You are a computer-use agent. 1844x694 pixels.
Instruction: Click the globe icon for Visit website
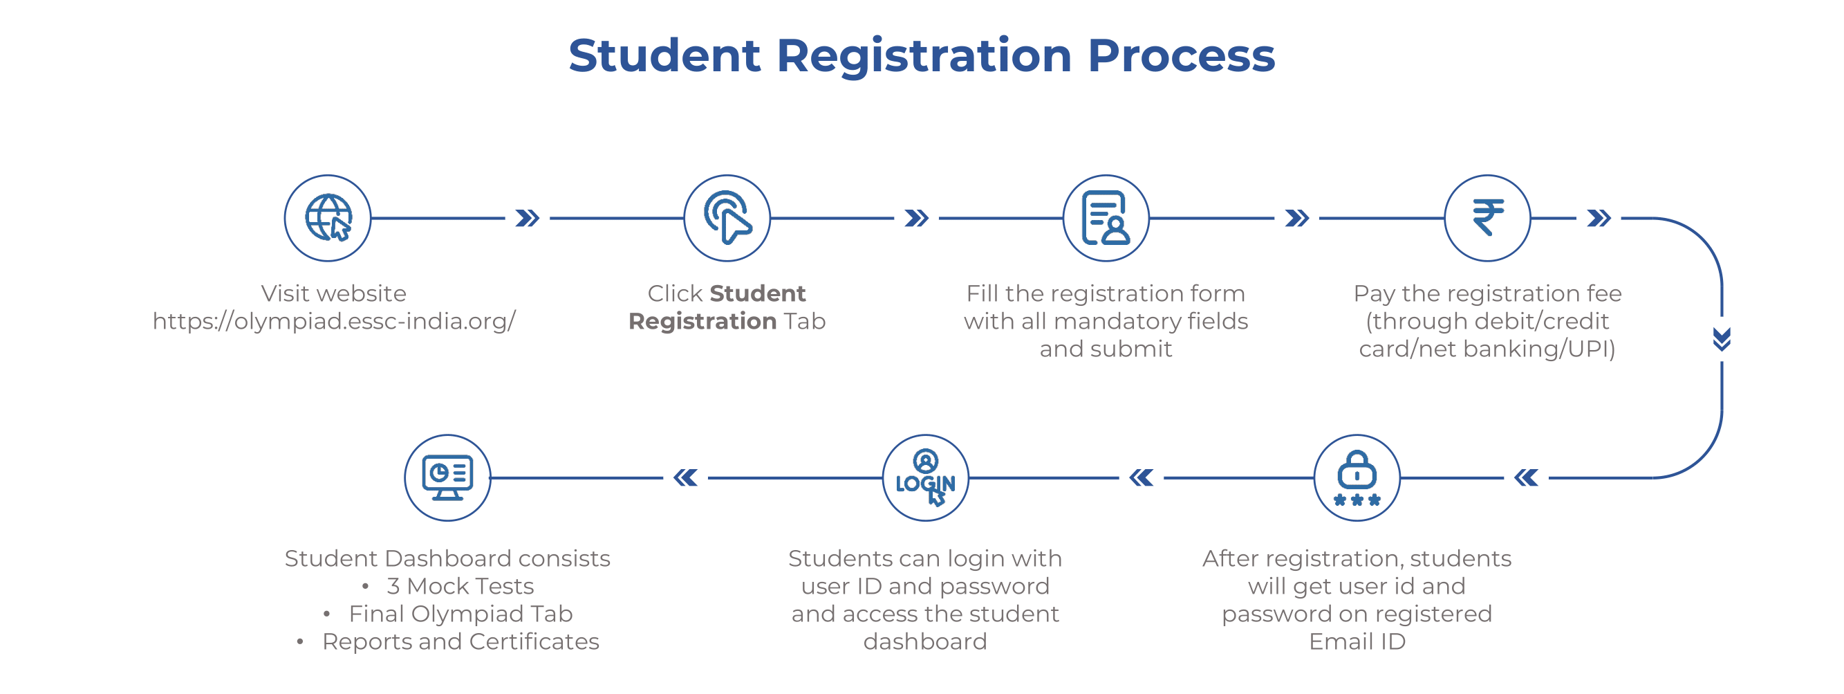[x=328, y=218]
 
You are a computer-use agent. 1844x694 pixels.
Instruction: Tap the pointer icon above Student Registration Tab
[x=727, y=218]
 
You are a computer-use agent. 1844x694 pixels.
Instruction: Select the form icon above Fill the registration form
[x=1106, y=218]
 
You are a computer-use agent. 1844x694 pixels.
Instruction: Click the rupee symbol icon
[x=1487, y=218]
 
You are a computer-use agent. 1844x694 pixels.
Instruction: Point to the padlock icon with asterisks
[x=1357, y=477]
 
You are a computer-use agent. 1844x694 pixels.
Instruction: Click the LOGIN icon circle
[x=925, y=477]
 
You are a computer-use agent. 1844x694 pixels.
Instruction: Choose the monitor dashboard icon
[x=447, y=477]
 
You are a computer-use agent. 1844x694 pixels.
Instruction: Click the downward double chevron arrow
[x=1722, y=339]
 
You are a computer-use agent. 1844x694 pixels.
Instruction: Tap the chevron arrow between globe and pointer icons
[x=528, y=218]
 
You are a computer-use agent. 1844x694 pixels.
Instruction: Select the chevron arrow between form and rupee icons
[x=1297, y=218]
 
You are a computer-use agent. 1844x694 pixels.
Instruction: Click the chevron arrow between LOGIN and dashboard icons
[x=686, y=477]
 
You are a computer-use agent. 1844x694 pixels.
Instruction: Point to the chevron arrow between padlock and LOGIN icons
[x=1141, y=477]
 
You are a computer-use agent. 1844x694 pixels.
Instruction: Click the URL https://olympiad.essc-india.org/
[x=333, y=321]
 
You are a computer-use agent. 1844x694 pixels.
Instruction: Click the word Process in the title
[x=1181, y=55]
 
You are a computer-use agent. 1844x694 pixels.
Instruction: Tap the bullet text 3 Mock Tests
[x=460, y=586]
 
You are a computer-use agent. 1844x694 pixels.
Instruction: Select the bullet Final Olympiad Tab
[x=460, y=614]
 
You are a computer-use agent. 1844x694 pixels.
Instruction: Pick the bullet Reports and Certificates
[x=460, y=641]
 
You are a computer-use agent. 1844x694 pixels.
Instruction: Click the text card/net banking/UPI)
[x=1487, y=349]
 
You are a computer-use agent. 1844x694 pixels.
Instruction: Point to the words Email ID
[x=1357, y=641]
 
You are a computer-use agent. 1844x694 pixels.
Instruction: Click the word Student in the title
[x=664, y=55]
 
